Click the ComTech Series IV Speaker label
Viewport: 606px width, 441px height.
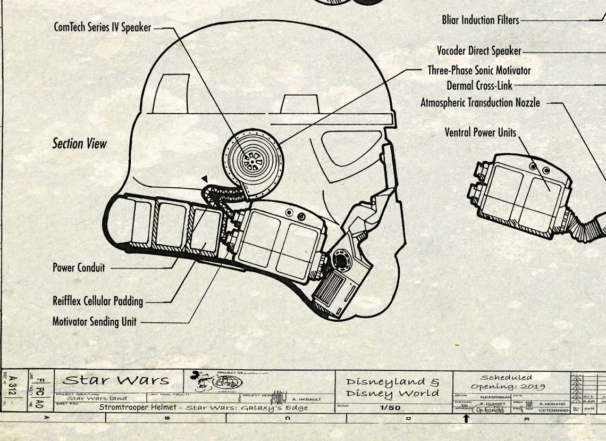pos(102,27)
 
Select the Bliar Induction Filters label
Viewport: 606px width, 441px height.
pos(480,20)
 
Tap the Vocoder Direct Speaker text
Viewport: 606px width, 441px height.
pos(478,51)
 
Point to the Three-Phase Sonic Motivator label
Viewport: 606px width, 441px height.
pos(479,70)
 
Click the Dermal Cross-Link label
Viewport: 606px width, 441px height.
pos(479,85)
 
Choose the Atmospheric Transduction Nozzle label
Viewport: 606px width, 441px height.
pos(480,103)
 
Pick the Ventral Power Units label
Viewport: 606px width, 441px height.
pos(480,132)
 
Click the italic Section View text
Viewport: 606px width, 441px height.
pos(79,144)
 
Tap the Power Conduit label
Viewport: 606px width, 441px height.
pos(79,268)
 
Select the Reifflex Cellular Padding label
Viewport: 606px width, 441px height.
pos(97,301)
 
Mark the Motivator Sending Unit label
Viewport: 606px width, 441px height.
pos(94,322)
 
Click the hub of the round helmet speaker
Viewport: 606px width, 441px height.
pos(249,157)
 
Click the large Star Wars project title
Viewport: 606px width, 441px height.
pos(115,380)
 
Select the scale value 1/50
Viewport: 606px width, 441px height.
pos(390,408)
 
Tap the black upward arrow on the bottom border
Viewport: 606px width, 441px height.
pos(466,418)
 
